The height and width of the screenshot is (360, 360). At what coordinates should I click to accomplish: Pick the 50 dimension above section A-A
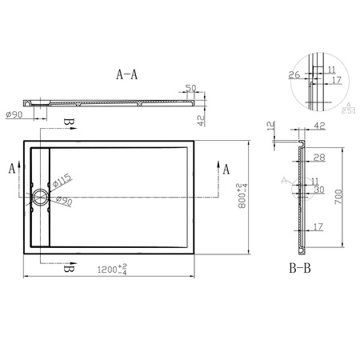click(190, 88)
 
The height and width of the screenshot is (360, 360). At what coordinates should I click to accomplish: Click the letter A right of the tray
click(226, 169)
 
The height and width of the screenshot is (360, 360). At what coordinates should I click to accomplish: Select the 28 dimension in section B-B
click(319, 158)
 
